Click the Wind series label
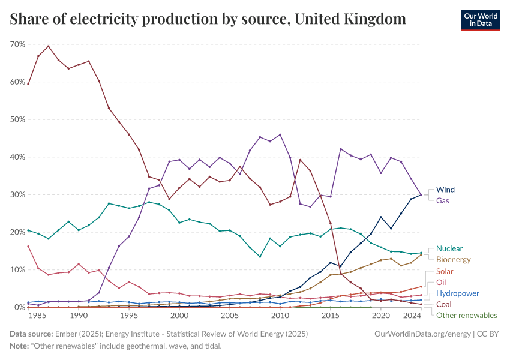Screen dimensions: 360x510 (x=445, y=190)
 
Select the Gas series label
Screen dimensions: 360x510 (x=443, y=200)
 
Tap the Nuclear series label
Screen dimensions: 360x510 (x=449, y=248)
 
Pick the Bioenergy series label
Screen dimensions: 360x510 (x=454, y=260)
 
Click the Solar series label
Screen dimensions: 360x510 (x=445, y=272)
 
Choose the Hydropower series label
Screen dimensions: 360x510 (x=457, y=293)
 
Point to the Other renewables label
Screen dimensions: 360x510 (x=466, y=316)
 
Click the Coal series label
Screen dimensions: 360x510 (x=444, y=305)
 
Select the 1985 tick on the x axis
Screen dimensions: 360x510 (x=38, y=315)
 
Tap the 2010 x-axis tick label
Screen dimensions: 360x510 (x=280, y=315)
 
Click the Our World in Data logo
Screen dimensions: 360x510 (x=480, y=20)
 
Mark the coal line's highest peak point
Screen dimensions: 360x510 (x=48, y=46)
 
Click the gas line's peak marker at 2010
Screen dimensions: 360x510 (x=280, y=134)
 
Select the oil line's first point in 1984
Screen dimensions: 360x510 (x=28, y=246)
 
